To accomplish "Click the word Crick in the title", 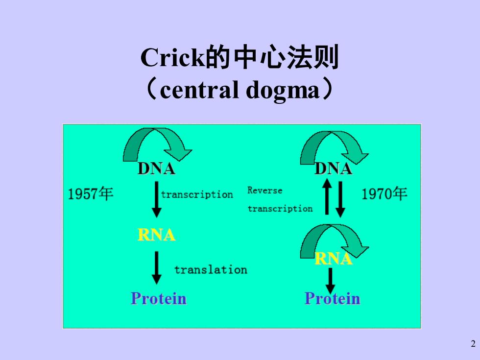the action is [x=172, y=58].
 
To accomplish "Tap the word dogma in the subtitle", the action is [x=283, y=90].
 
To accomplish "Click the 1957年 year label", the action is [x=90, y=194].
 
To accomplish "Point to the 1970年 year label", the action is [x=384, y=194].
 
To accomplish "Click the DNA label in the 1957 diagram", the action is [x=156, y=168].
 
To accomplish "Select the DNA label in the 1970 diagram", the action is [x=334, y=168].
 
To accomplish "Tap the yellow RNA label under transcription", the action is [x=156, y=235].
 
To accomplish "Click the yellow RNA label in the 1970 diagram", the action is [x=334, y=259].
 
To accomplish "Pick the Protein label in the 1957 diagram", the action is [x=159, y=298].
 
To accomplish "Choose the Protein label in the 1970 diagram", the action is [x=333, y=298].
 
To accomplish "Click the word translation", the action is [x=211, y=270].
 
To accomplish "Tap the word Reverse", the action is [x=265, y=191].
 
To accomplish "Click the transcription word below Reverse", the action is [x=280, y=209].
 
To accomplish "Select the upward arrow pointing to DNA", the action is [x=327, y=196].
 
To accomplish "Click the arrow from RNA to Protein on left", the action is [x=156, y=268].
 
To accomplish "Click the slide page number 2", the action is [x=473, y=344].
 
